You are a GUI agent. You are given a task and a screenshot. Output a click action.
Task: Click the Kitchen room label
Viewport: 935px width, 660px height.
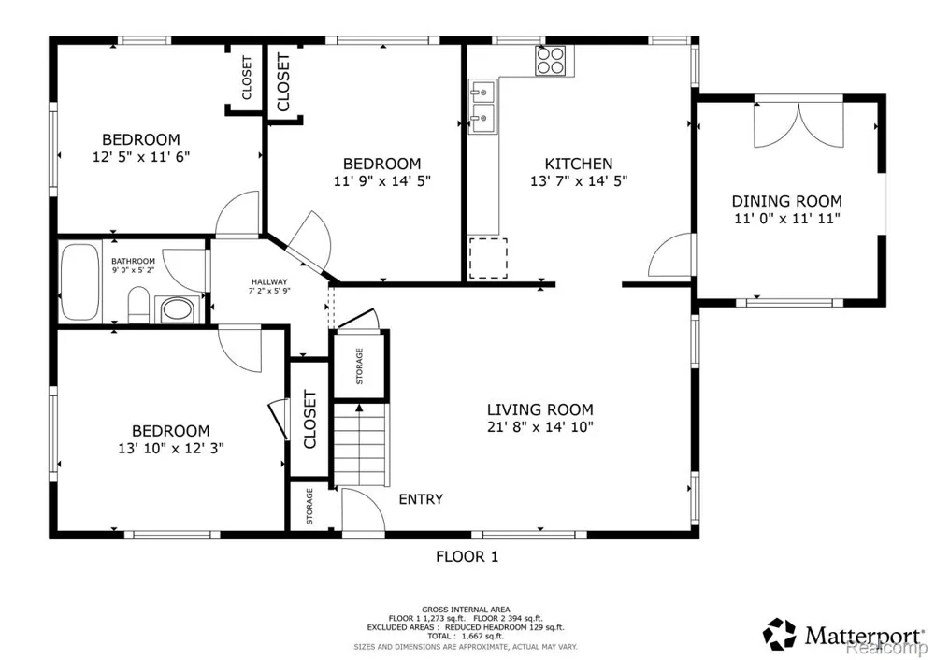point(579,164)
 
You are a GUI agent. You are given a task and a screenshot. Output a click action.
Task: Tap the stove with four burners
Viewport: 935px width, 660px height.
point(551,60)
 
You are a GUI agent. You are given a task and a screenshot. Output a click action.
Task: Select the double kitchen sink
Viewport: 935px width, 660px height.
point(482,107)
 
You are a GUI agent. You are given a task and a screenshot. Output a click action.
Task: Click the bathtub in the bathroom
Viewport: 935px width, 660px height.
point(79,280)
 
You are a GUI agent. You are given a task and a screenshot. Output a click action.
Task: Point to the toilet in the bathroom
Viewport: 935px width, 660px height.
point(138,304)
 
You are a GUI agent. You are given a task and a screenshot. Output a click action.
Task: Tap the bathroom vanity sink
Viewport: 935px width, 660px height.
point(175,309)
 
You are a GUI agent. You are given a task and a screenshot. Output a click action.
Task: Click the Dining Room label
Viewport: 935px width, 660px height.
point(787,201)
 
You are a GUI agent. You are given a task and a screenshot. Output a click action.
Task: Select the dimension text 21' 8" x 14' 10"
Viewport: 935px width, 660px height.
point(540,427)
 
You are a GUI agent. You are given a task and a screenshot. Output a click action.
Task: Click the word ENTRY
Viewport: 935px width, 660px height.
point(421,499)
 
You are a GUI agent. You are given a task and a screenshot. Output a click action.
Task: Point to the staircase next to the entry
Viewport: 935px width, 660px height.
point(361,445)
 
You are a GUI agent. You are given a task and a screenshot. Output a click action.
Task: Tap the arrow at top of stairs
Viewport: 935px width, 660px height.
point(360,408)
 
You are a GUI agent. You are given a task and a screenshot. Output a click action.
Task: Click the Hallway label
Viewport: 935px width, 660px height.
point(269,282)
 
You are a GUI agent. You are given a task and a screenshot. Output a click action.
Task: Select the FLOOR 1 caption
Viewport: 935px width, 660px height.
point(467,557)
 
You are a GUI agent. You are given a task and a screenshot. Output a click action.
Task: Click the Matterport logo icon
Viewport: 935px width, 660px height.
point(780,634)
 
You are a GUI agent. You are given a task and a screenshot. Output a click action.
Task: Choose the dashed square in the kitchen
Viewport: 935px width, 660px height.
point(488,258)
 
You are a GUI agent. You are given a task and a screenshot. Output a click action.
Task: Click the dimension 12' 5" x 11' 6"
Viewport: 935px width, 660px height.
point(141,157)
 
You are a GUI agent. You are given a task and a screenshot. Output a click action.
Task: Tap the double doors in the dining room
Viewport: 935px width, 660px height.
point(799,124)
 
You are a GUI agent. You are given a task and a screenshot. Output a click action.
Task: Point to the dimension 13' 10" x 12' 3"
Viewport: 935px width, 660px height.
point(171,448)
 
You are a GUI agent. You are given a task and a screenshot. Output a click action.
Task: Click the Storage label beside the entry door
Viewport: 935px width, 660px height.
point(309,506)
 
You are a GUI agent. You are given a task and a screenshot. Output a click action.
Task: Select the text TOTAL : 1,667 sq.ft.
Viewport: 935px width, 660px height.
point(466,636)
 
